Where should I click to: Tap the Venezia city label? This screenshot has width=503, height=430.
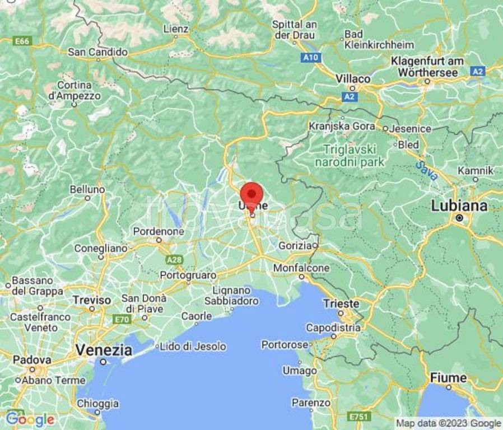pos(104,350)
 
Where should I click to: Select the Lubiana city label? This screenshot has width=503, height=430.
pos(459,206)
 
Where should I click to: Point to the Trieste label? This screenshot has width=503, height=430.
pos(341,303)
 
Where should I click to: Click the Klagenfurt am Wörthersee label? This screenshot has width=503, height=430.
pos(427,67)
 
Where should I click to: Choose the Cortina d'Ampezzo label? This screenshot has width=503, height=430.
pos(74,90)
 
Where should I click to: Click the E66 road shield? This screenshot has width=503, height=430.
pos(22,41)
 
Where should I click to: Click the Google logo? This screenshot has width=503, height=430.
pos(30,419)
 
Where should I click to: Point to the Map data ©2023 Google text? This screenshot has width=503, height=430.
pos(448,423)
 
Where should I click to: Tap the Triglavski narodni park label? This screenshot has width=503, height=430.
pos(350,156)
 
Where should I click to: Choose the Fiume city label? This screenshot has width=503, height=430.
pos(448,378)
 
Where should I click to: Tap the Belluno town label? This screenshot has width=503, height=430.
pos(87,190)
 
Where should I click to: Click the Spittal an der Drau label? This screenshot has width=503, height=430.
pos(294,30)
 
